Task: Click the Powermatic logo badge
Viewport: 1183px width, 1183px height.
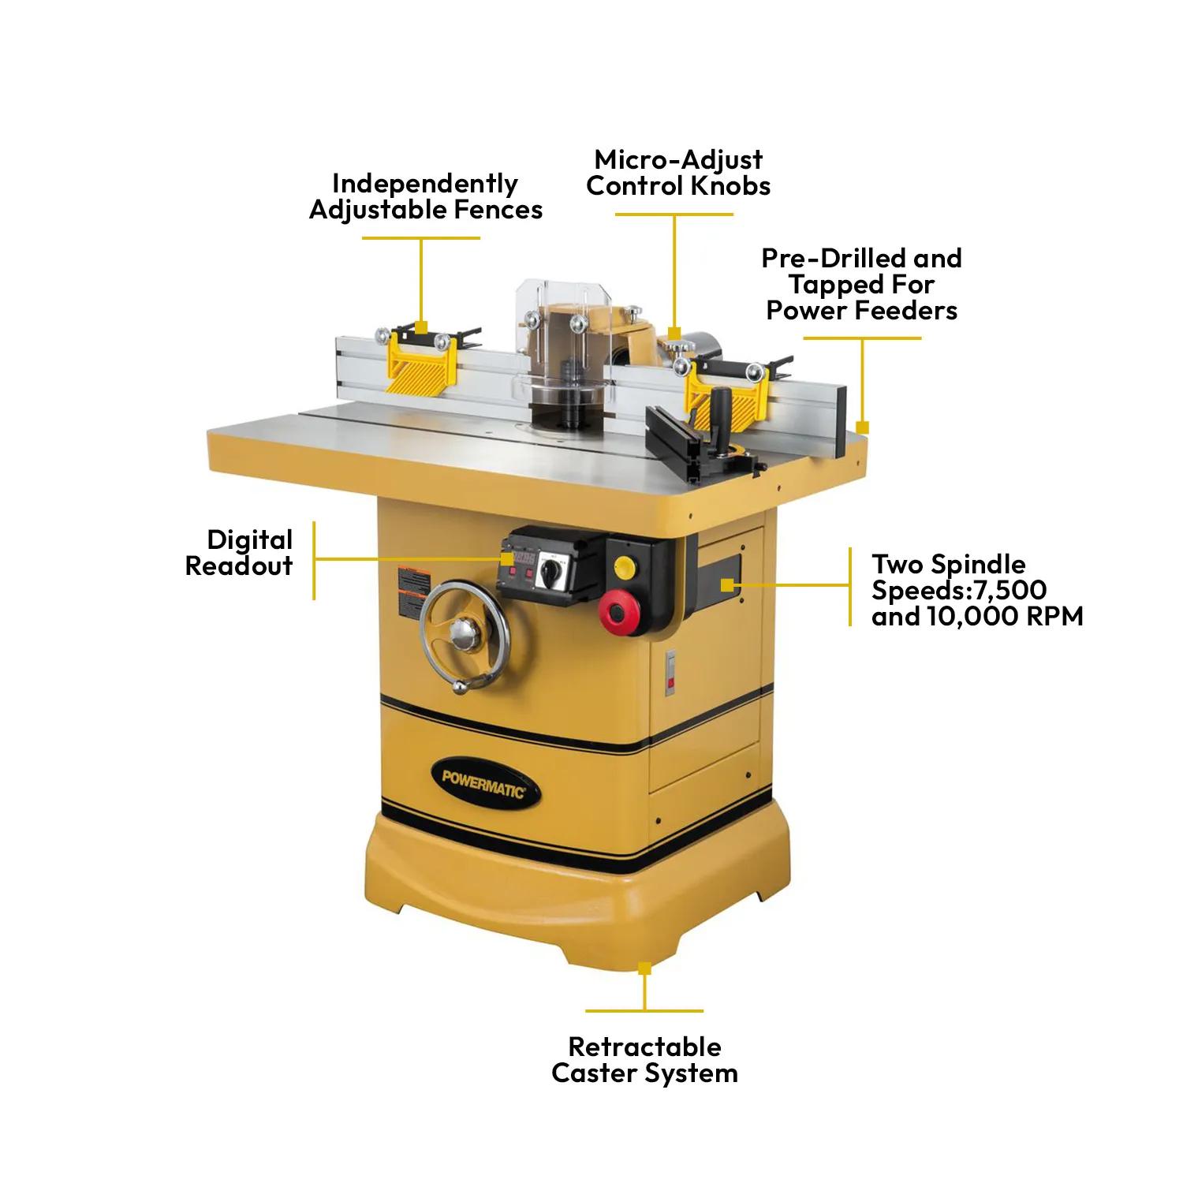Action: [x=483, y=784]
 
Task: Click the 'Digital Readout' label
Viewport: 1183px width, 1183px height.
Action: [x=239, y=553]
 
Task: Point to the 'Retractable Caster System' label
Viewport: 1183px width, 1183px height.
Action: [x=644, y=1060]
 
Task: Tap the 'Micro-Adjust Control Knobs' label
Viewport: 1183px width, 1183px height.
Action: [x=678, y=173]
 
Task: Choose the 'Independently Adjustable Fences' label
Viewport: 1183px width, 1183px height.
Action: [x=425, y=196]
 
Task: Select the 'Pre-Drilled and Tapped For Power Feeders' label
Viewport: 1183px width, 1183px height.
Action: [x=861, y=285]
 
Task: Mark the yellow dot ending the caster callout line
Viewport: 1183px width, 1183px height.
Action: [x=644, y=967]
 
